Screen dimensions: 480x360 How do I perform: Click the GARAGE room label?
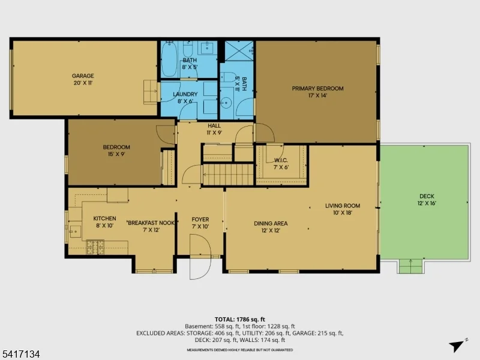tap(83, 79)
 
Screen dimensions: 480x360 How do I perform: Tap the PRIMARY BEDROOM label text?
tap(317, 92)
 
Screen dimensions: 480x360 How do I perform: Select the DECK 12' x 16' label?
tap(427, 199)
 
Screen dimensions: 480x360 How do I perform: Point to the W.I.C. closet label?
tap(281, 164)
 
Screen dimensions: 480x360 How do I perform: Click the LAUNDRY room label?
tap(185, 97)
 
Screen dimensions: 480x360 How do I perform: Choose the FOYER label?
tap(200, 223)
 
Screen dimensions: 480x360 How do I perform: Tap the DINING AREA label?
tap(271, 227)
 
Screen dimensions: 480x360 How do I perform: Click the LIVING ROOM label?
tap(343, 209)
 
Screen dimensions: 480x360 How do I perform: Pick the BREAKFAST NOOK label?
tap(151, 226)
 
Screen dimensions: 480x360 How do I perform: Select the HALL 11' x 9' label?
tap(214, 129)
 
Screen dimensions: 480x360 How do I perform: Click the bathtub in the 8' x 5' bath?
tap(169, 59)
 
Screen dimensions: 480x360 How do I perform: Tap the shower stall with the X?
tap(239, 51)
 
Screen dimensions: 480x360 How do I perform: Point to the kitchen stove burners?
tap(95, 247)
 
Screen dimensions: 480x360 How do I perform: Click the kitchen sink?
tap(75, 232)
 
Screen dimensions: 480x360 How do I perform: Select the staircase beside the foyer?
tap(228, 175)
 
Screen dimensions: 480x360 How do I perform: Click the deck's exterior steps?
tap(411, 266)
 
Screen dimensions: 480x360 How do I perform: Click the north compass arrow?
tap(457, 345)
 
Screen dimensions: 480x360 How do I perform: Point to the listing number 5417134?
tap(20, 354)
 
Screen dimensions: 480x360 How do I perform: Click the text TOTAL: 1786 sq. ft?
tap(239, 320)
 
